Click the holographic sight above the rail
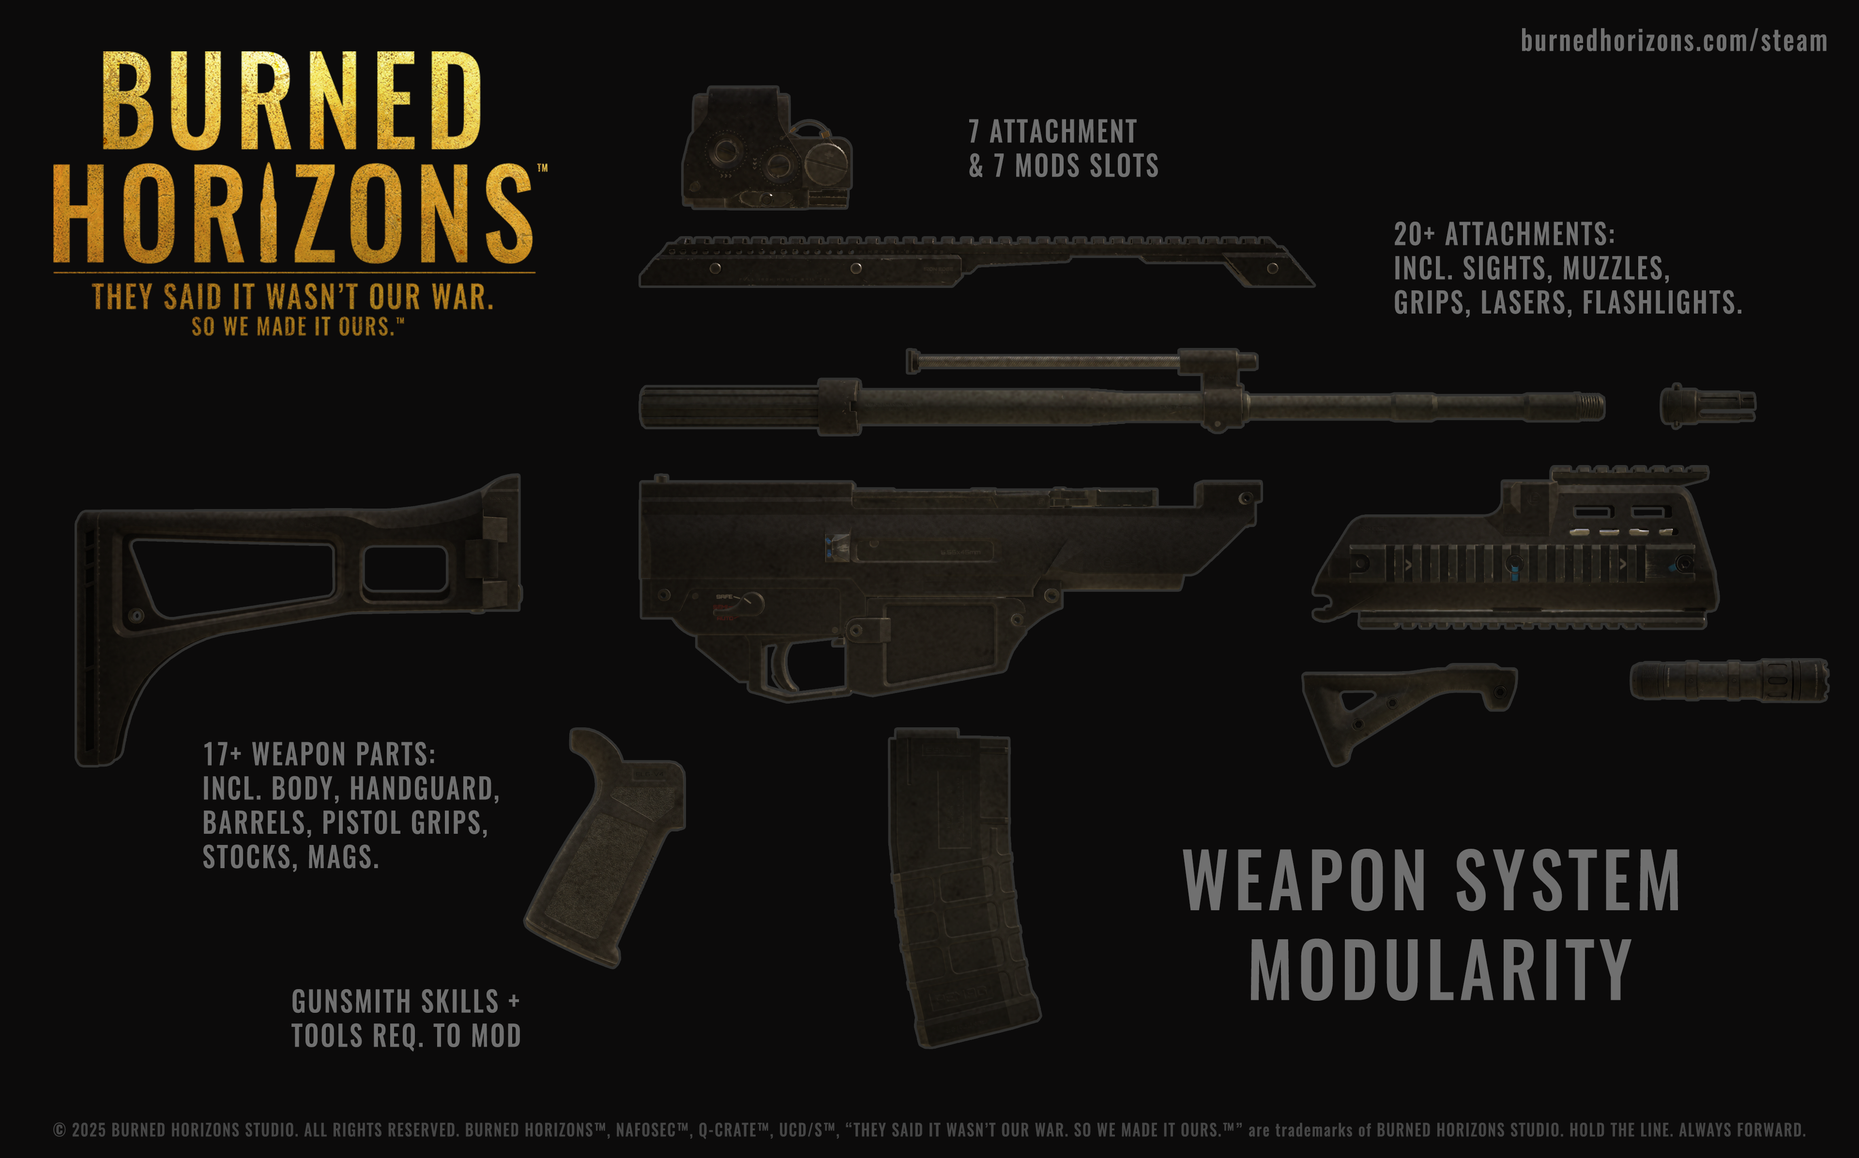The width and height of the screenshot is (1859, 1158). click(766, 150)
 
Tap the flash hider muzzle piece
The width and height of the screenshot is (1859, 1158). click(1707, 406)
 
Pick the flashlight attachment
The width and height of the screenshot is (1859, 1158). click(1728, 679)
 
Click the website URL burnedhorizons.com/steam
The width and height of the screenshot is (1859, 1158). click(1674, 41)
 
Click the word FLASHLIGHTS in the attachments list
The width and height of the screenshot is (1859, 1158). click(1662, 302)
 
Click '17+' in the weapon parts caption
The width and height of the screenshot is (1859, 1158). click(222, 754)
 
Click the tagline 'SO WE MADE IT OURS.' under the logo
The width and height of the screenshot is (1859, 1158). click(295, 327)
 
